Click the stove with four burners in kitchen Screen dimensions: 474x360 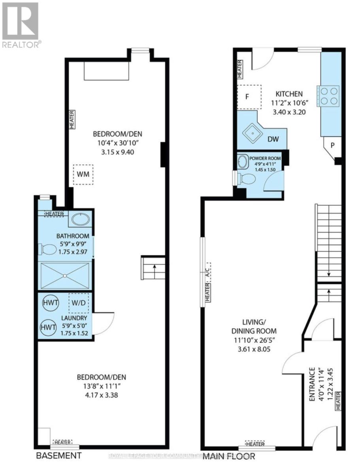pos(328,96)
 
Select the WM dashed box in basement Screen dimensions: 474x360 pos(83,175)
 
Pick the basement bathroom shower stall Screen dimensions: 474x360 pos(65,276)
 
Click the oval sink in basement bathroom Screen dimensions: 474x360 pos(81,219)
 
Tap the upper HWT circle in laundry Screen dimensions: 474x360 pos(51,303)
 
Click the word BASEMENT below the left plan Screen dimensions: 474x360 pos(58,455)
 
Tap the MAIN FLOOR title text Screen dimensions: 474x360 pos(229,456)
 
